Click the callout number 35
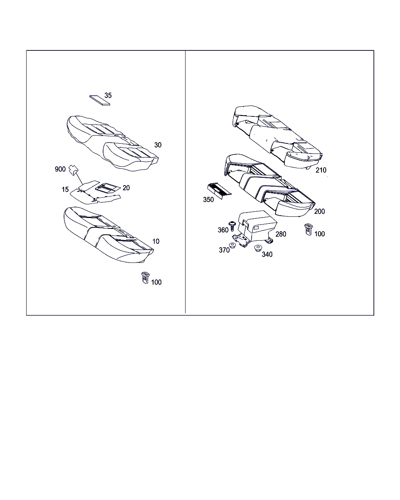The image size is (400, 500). point(108,95)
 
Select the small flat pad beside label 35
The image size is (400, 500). point(100,100)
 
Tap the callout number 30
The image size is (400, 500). point(158,145)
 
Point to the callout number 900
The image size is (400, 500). point(60,169)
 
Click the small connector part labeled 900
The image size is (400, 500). point(74,170)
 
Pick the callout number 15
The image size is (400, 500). point(65,189)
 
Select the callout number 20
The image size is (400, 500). point(126,188)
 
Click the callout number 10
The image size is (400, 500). point(156,241)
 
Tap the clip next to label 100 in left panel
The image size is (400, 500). point(145,277)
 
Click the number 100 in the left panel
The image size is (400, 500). point(156,282)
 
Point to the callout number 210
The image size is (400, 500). point(321,170)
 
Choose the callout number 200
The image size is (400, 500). point(320,211)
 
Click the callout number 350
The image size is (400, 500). point(208,200)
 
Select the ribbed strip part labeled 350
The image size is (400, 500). point(219,191)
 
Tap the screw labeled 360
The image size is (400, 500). point(232,226)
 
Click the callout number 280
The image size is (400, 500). point(281,234)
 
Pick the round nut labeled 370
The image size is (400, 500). point(232,245)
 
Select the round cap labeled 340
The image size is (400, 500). point(258,248)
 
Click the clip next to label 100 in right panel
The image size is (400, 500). point(309,229)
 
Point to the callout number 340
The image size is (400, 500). point(267,254)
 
